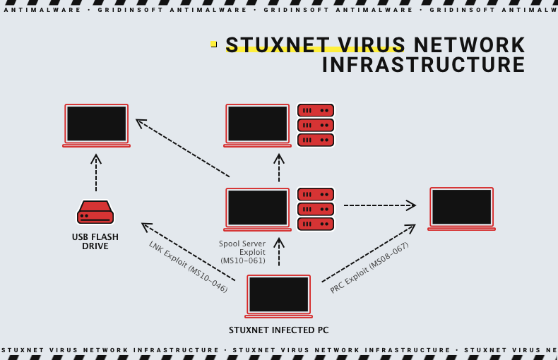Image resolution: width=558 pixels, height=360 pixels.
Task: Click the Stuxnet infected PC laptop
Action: pos(278,296)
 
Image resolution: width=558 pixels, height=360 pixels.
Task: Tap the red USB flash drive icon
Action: pos(95,212)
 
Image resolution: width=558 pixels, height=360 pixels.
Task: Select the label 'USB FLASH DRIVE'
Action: pos(95,241)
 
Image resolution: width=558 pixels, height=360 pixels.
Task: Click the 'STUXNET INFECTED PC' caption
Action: pos(278,330)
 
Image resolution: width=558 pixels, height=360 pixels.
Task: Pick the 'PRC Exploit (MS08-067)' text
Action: pos(369,268)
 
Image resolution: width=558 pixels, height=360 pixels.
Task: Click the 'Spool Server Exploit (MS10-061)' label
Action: pos(243,252)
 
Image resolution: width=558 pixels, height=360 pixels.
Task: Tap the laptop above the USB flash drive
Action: pos(96,125)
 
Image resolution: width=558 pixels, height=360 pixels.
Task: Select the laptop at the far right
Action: pos(461,208)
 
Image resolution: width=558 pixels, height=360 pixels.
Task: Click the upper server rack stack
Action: pos(315,125)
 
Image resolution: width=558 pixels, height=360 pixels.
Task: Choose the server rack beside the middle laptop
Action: pos(315,209)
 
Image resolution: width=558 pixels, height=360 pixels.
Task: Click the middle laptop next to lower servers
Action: pos(257,209)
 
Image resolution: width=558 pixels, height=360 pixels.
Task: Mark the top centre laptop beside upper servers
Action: pos(257,125)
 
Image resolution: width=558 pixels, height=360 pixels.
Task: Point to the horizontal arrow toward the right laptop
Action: pos(379,205)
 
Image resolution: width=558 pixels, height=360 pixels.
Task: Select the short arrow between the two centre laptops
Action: pos(279,169)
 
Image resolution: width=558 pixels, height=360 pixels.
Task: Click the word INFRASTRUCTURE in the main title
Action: pos(424,65)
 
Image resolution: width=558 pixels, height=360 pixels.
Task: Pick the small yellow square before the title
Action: pos(213,44)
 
